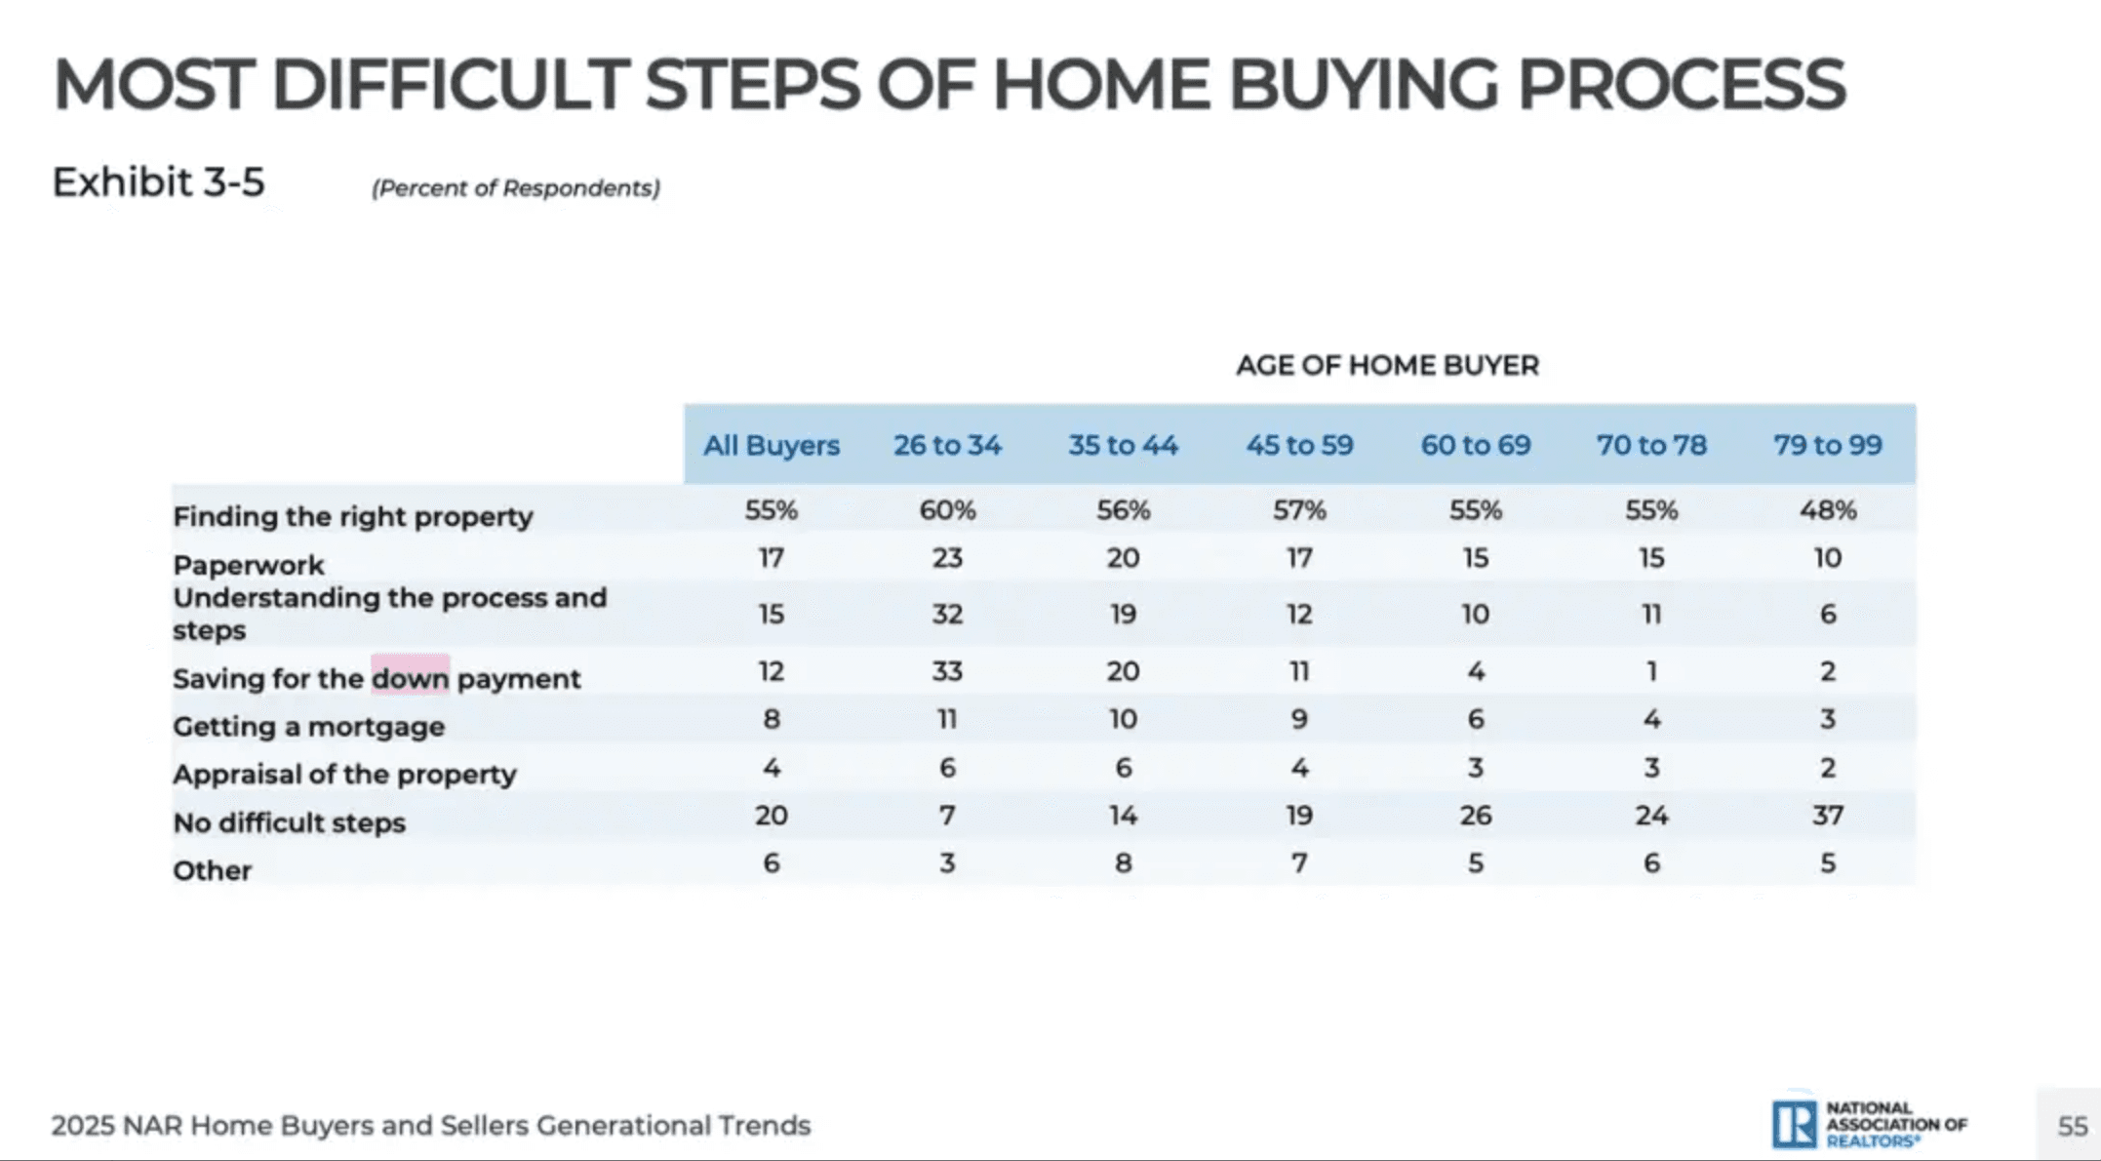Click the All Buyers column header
771,445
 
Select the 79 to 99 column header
1827,445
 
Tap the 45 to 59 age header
1299,445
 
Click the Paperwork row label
248,565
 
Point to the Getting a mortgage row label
308,726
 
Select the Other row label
212,870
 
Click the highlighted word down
410,677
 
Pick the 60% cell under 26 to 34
946,509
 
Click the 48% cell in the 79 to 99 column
1827,509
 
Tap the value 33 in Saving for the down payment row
946,671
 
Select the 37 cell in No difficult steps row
1827,815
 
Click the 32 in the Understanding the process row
946,614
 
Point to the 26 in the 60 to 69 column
1475,815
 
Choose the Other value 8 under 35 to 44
1123,863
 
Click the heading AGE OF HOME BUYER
1387,365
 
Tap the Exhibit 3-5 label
158,182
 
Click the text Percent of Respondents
515,187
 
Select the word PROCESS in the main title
1681,84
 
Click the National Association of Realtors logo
1868,1124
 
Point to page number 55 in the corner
2072,1126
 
